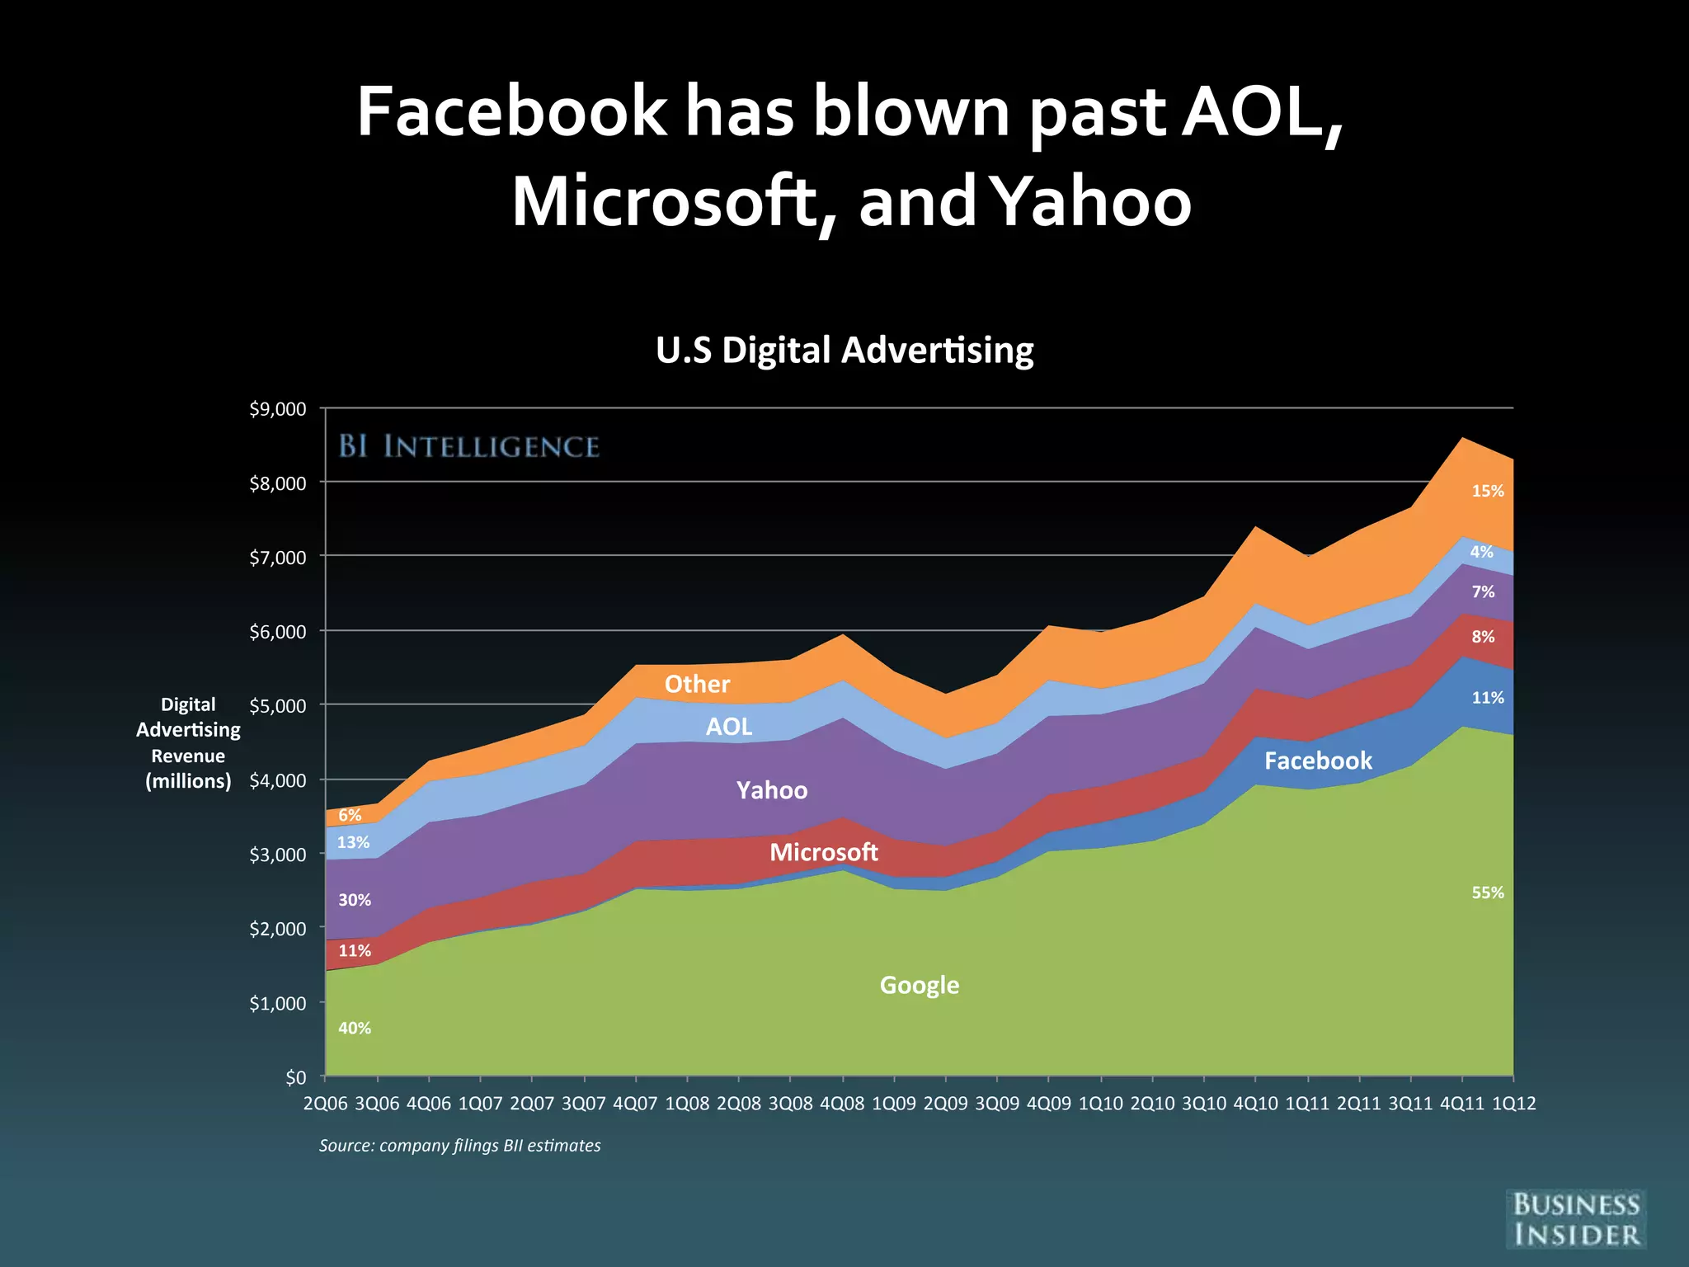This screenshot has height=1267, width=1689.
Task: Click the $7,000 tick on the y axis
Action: pyautogui.click(x=277, y=558)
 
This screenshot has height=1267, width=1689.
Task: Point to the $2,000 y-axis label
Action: pyautogui.click(x=277, y=929)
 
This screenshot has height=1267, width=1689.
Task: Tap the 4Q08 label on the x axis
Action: pyautogui.click(x=842, y=1104)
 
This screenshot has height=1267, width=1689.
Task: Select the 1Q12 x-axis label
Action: pyautogui.click(x=1513, y=1104)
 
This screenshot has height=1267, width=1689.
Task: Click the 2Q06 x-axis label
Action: pyautogui.click(x=326, y=1104)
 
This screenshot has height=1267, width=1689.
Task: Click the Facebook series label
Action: pyautogui.click(x=1318, y=761)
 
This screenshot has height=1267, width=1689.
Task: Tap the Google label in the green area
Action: pyautogui.click(x=919, y=985)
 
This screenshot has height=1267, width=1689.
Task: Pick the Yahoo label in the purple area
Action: pyautogui.click(x=771, y=790)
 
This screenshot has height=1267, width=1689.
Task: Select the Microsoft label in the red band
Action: pyautogui.click(x=823, y=852)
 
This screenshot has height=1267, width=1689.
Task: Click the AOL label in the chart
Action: pyautogui.click(x=729, y=727)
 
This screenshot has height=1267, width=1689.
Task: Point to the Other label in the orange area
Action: pyautogui.click(x=697, y=684)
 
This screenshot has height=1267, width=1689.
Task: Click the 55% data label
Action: pyautogui.click(x=1488, y=893)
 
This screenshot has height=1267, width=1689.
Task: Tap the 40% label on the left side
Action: pyautogui.click(x=355, y=1028)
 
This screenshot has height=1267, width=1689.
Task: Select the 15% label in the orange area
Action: pyautogui.click(x=1488, y=491)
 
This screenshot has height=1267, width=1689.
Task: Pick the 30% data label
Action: pyautogui.click(x=355, y=900)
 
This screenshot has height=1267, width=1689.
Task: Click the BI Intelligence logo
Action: pyautogui.click(x=468, y=446)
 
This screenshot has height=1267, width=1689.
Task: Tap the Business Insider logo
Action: pyautogui.click(x=1576, y=1219)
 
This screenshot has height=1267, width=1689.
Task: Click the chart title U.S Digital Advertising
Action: pyautogui.click(x=844, y=350)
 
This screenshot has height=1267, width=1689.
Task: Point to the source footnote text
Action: pyautogui.click(x=459, y=1145)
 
